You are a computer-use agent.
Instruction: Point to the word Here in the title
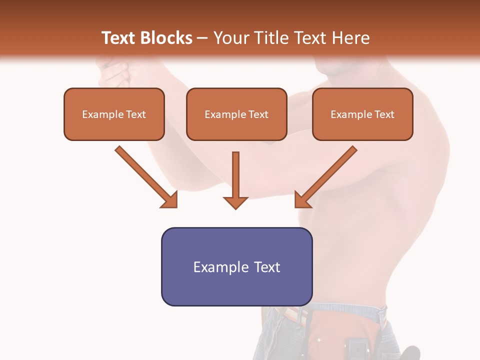point(351,38)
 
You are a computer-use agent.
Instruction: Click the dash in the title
point(202,38)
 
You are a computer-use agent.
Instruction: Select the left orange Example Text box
point(114,114)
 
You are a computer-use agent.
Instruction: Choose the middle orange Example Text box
point(236,114)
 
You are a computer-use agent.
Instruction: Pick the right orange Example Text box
point(362,114)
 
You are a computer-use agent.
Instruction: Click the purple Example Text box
point(236,266)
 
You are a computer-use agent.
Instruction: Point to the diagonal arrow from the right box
point(330,173)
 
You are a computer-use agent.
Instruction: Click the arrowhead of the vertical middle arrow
point(235,202)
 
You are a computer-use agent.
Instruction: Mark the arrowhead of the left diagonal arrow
point(170,200)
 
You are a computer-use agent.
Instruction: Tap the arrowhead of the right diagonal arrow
point(302,200)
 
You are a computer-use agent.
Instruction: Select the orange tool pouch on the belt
point(325,335)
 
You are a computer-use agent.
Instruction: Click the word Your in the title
point(231,38)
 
